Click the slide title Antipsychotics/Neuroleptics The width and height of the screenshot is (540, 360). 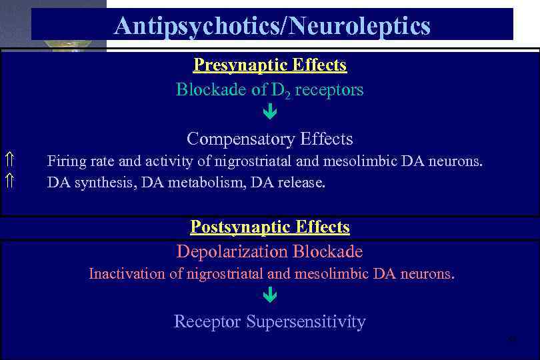point(272,26)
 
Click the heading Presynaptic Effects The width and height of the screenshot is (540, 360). point(269,65)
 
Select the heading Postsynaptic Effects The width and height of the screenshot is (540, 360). point(269,227)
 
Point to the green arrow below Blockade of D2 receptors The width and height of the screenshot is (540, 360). point(269,113)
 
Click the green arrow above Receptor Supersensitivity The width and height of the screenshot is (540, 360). point(269,295)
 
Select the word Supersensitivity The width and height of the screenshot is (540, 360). point(306,322)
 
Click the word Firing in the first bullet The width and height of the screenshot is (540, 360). point(63,161)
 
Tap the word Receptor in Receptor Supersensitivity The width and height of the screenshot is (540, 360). point(207,322)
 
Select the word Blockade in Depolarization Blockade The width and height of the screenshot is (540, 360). point(327,252)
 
